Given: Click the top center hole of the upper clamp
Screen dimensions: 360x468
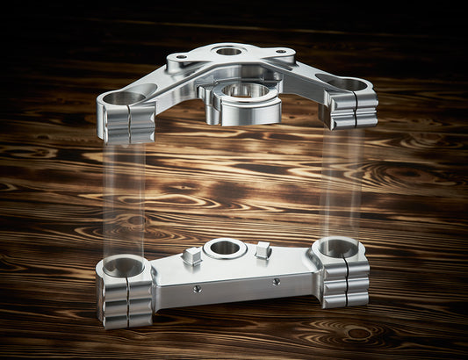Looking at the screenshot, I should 228,51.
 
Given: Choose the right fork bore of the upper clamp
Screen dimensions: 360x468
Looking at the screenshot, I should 348,85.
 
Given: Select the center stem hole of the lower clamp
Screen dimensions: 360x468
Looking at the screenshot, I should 225,248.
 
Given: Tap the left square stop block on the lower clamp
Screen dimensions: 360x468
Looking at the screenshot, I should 191,256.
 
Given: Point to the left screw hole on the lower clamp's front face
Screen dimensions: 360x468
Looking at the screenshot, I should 198,288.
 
